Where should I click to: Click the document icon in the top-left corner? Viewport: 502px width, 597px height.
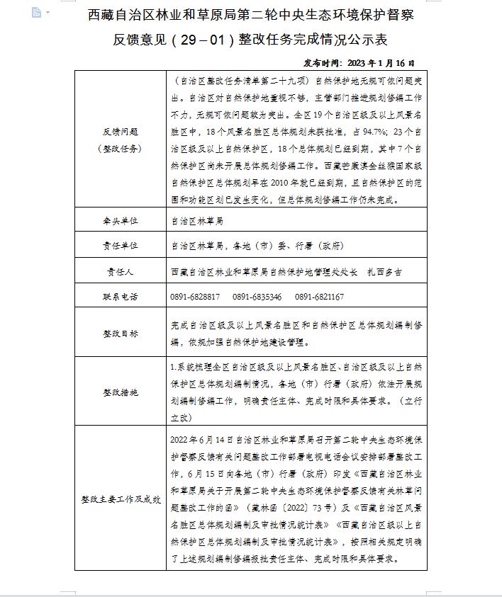pyautogui.click(x=37, y=13)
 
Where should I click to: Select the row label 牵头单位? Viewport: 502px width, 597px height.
pyautogui.click(x=120, y=221)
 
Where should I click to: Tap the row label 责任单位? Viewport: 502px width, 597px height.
pyautogui.click(x=120, y=246)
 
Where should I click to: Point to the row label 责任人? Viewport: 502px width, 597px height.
pyautogui.click(x=120, y=271)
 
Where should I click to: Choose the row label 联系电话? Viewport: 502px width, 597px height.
pyautogui.click(x=120, y=297)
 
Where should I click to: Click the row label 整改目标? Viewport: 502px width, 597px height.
pyautogui.click(x=120, y=333)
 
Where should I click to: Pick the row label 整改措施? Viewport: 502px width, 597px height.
pyautogui.click(x=120, y=392)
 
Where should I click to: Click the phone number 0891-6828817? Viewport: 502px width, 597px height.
pyautogui.click(x=195, y=297)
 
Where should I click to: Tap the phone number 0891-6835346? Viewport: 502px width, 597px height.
pyautogui.click(x=257, y=297)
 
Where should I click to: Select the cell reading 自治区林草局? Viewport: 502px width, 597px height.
pyautogui.click(x=197, y=221)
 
